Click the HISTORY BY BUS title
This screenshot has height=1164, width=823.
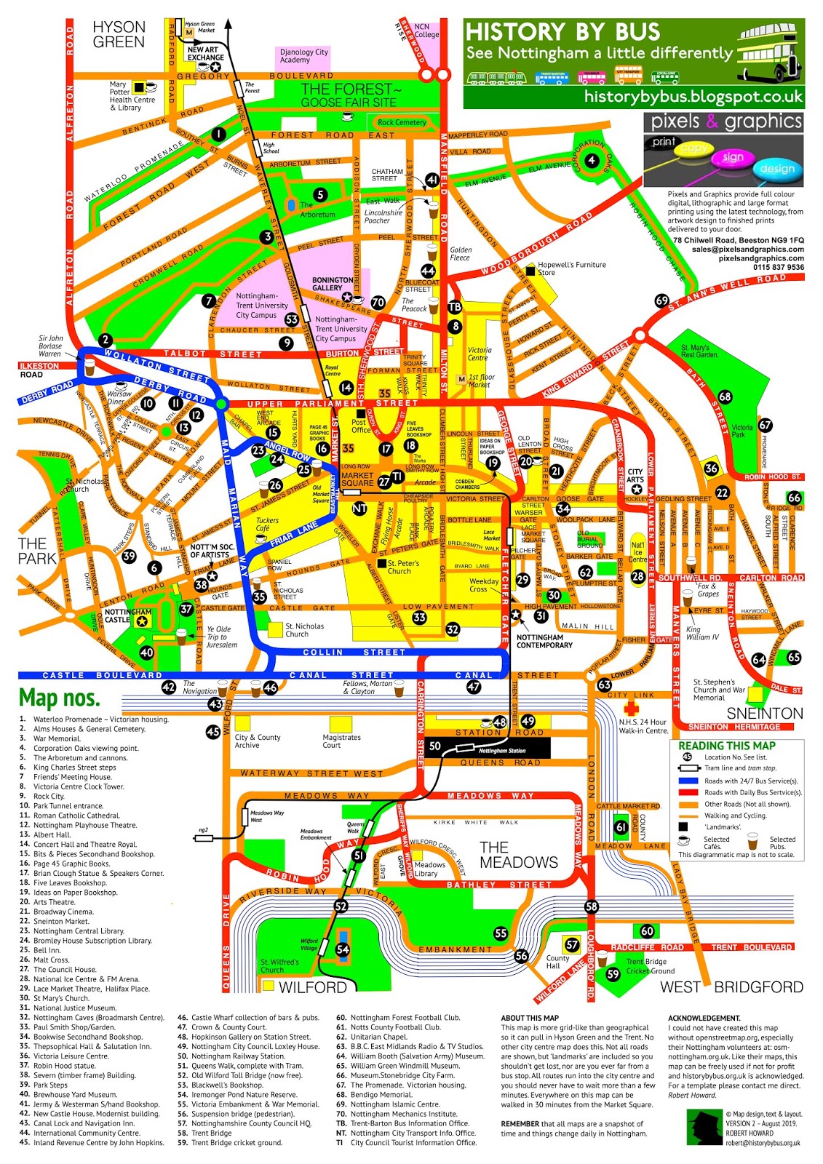click(x=562, y=32)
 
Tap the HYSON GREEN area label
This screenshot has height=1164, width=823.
click(x=119, y=34)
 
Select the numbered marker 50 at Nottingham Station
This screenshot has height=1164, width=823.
click(x=435, y=746)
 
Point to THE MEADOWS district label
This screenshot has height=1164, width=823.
click(x=518, y=855)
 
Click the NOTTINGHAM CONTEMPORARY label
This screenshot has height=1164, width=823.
click(x=544, y=641)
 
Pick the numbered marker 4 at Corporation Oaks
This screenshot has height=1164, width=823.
click(x=592, y=160)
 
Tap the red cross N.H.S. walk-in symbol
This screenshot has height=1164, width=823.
click(x=631, y=708)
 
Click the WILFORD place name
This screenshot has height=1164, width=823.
click(x=313, y=987)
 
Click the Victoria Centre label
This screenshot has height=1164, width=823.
click(x=480, y=354)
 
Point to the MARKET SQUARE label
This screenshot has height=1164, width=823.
click(x=357, y=479)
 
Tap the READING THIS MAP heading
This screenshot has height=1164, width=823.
click(x=727, y=746)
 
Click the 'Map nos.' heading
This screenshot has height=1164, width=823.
click(x=60, y=698)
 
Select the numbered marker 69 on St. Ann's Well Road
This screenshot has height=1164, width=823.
click(x=661, y=300)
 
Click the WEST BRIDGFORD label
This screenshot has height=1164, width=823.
click(x=731, y=987)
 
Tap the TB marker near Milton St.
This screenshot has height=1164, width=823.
click(x=455, y=307)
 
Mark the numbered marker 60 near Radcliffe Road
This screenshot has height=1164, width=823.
click(x=647, y=930)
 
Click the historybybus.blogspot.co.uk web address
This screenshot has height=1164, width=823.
click(x=693, y=97)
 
